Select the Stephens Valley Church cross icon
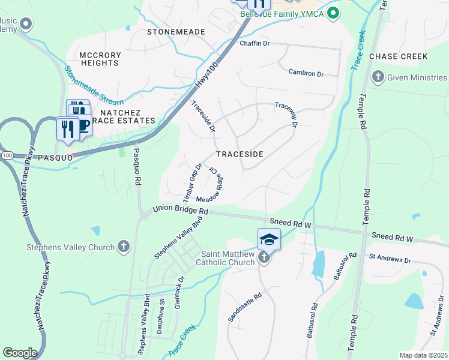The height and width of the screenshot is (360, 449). click(x=123, y=247)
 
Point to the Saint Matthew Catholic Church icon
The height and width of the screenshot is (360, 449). click(x=264, y=258)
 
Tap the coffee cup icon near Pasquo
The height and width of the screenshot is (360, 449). click(x=83, y=125)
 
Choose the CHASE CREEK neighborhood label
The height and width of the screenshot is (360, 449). click(x=399, y=56)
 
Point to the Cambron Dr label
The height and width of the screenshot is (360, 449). click(x=306, y=73)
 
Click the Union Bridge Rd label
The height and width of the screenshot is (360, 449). click(x=180, y=211)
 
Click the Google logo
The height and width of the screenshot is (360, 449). click(x=20, y=353)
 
